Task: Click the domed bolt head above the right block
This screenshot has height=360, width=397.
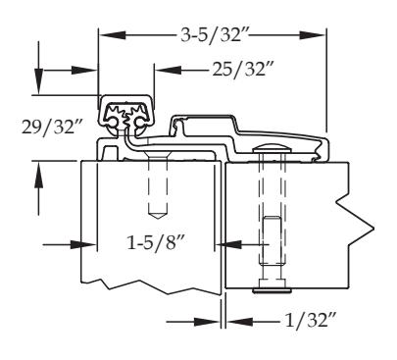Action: click(272, 149)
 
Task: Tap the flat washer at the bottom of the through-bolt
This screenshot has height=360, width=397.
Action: click(272, 290)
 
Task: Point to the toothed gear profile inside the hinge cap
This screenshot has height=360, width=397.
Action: click(126, 116)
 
